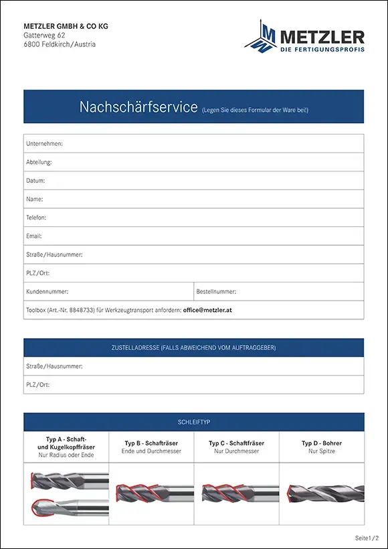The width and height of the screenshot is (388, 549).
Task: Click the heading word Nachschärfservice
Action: point(138,107)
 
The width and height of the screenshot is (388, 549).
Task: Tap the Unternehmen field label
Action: point(44,144)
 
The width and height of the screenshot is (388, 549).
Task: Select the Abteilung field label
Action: point(39,163)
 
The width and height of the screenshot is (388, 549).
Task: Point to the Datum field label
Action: point(35,181)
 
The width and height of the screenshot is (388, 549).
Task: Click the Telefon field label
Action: point(37,218)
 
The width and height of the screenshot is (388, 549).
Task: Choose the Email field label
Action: point(34,236)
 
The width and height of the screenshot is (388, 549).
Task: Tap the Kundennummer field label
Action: point(47,292)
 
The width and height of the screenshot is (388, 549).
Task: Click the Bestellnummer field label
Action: point(216,292)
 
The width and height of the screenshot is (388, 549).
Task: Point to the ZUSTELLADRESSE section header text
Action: point(193,347)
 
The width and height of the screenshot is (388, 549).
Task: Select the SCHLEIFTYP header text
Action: point(194,422)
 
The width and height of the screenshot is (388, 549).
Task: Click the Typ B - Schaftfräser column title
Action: point(151,443)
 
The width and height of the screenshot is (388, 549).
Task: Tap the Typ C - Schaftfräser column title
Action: point(236,443)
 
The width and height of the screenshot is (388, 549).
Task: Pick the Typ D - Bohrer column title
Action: point(322,443)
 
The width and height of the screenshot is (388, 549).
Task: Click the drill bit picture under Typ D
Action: point(322,494)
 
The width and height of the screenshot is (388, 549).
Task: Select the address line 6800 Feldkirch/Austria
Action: point(60,45)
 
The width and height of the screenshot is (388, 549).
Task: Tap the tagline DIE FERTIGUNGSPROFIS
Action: point(322,50)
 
